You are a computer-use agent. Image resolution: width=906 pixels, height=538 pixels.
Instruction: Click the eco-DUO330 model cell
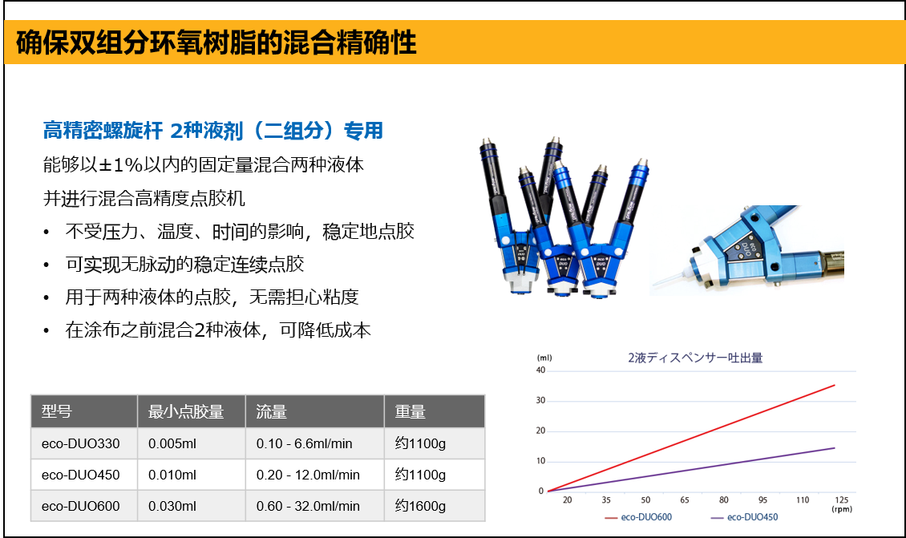pyautogui.click(x=80, y=444)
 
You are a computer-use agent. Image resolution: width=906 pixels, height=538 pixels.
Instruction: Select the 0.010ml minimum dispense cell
pyautogui.click(x=172, y=475)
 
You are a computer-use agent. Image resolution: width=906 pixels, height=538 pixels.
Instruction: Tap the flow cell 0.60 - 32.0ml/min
pyautogui.click(x=308, y=506)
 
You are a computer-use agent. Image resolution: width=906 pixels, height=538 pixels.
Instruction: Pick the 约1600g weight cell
pyautogui.click(x=420, y=506)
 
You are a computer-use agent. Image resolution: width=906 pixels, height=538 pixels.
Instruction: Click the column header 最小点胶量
pyautogui.click(x=185, y=412)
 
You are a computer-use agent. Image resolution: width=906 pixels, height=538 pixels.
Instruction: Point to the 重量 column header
pyautogui.click(x=411, y=412)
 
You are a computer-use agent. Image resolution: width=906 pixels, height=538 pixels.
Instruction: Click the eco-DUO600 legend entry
pyautogui.click(x=638, y=517)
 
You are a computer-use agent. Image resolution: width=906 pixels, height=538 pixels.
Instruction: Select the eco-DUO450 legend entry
pyautogui.click(x=744, y=517)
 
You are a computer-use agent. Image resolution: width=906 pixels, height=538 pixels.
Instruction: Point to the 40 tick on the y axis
pyautogui.click(x=541, y=370)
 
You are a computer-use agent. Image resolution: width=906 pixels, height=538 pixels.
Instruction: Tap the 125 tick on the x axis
pyautogui.click(x=841, y=500)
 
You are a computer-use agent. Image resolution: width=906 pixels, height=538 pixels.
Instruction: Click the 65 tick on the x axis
pyautogui.click(x=685, y=500)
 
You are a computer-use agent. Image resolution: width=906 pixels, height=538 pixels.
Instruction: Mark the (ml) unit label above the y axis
pyautogui.click(x=544, y=358)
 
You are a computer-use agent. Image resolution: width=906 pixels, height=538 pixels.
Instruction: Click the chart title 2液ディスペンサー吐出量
pyautogui.click(x=695, y=358)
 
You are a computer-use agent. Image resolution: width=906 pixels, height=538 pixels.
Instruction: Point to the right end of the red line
pyautogui.click(x=835, y=385)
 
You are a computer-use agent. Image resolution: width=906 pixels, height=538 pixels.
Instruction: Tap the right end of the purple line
pyautogui.click(x=835, y=448)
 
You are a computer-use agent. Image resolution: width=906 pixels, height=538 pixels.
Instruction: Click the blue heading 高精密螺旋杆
pyautogui.click(x=103, y=131)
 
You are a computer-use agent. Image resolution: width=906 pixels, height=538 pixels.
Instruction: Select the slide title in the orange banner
pyautogui.click(x=216, y=42)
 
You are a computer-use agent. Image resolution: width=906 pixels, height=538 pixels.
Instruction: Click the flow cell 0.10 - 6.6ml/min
pyautogui.click(x=304, y=444)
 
